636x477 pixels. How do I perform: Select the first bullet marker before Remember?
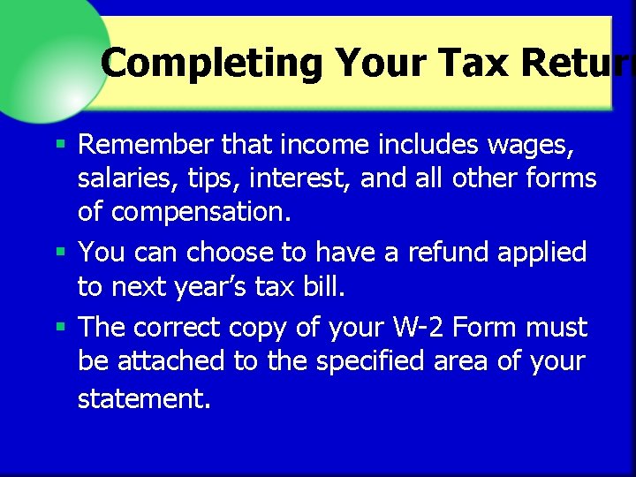pos(60,142)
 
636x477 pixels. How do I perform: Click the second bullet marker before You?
pos(60,252)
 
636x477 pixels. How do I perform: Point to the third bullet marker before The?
pos(60,328)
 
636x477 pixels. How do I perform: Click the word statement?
pos(144,398)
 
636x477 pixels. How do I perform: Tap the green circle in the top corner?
pos(44,53)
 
